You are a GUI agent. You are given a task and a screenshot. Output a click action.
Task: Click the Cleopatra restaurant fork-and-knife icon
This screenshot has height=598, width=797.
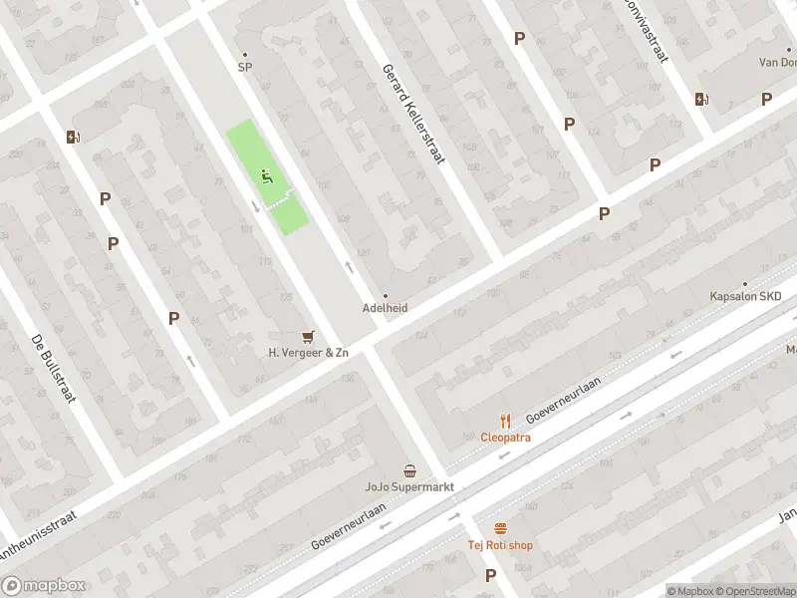pos(505,421)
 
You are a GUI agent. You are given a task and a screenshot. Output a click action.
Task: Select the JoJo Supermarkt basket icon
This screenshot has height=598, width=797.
pos(409,470)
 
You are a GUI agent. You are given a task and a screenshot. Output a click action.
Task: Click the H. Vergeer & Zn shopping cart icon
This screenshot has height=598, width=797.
pos(308,337)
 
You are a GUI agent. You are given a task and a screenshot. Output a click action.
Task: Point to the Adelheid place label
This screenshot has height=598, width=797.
pos(385,308)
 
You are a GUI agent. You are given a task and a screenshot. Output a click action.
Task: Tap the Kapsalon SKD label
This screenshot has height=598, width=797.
pos(745,297)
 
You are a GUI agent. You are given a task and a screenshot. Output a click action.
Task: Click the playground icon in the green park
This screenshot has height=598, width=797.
pos(266,177)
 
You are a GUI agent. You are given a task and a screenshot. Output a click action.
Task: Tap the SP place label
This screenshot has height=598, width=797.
pos(244,68)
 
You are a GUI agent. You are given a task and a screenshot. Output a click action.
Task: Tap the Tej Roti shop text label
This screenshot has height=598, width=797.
pos(500,545)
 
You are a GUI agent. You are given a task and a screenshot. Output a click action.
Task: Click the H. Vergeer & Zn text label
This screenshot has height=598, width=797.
pos(308,353)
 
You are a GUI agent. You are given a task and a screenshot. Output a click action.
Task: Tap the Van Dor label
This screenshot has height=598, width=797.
pos(777,62)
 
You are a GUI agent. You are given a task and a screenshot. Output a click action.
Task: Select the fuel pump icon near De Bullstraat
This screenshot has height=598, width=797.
pos(73,137)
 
